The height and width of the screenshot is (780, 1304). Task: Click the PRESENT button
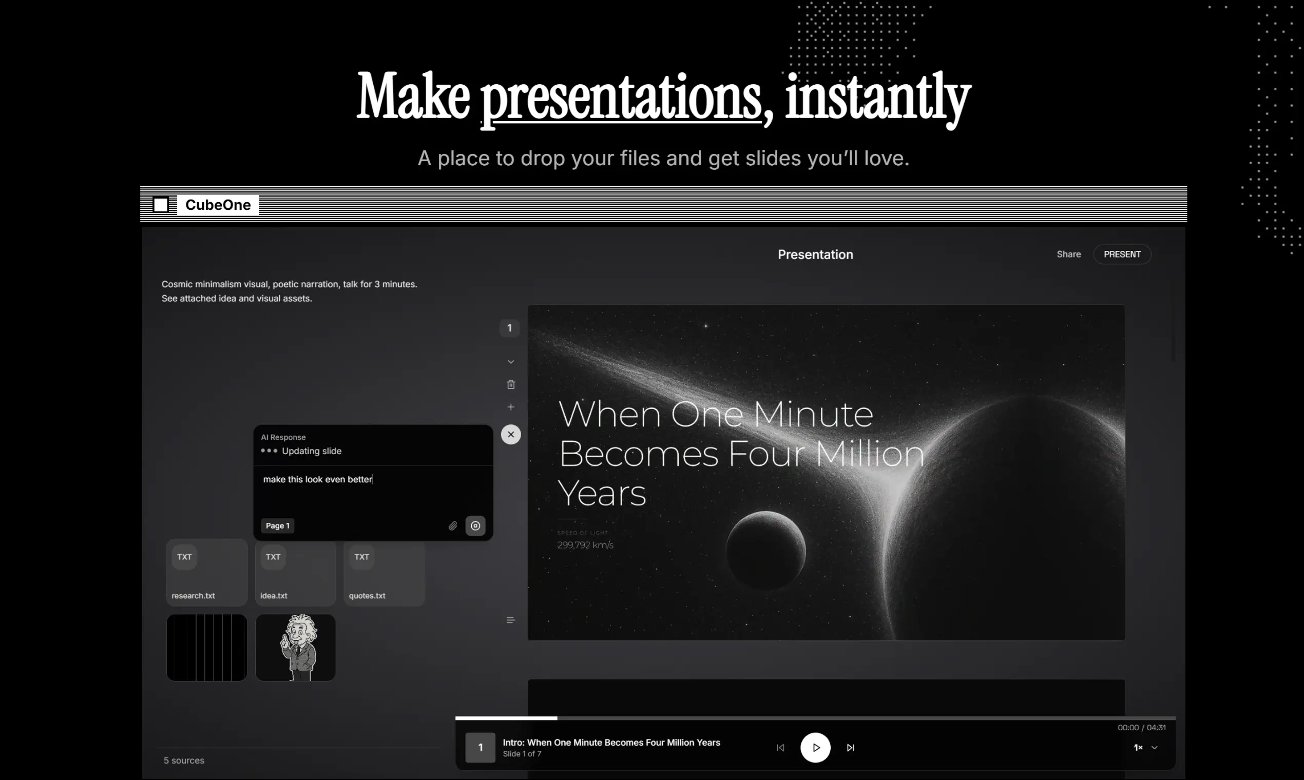tap(1122, 255)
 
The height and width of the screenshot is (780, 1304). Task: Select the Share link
tap(1068, 255)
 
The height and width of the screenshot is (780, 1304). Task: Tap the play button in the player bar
tap(816, 747)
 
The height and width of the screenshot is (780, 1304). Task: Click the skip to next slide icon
tap(850, 747)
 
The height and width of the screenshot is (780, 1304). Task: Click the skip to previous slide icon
tap(780, 747)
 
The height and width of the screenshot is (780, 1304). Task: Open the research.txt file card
tap(207, 572)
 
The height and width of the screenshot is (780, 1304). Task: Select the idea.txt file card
tap(296, 572)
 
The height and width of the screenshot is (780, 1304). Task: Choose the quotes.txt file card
tap(384, 572)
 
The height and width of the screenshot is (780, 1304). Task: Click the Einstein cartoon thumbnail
tap(296, 648)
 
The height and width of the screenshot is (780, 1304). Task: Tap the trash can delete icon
tap(510, 385)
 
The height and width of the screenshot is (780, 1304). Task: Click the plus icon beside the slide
tap(510, 407)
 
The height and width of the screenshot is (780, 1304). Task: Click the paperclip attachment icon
tap(453, 525)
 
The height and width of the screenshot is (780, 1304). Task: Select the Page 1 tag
tap(278, 525)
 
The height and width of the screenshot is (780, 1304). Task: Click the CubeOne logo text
tap(218, 205)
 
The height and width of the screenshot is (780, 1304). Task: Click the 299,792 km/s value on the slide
tap(585, 545)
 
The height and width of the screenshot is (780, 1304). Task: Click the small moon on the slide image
tap(765, 550)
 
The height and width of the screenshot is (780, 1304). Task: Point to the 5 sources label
tap(184, 761)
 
